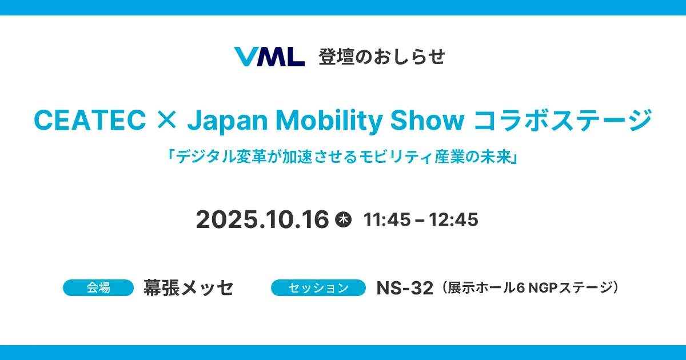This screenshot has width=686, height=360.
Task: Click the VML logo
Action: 269,57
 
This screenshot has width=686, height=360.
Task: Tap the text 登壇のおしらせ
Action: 382,57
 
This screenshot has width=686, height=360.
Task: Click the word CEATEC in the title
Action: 90,119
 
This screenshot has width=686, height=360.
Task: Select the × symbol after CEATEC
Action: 166,120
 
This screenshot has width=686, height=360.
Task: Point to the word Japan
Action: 228,121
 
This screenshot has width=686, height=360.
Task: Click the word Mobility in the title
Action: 329,121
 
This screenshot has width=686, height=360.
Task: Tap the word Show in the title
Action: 427,119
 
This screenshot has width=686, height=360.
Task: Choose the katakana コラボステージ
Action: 563,120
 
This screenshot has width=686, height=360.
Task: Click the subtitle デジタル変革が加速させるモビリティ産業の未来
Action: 343,157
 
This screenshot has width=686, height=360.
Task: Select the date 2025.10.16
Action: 262,219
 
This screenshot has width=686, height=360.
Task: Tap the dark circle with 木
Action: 344,219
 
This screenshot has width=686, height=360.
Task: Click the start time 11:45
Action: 387,219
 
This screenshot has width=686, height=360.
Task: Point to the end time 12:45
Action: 453,219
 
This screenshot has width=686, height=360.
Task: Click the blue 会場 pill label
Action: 98,288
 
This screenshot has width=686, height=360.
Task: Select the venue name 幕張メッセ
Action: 189,288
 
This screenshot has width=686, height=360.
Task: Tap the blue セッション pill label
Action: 318,288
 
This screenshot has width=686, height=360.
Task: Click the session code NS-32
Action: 405,288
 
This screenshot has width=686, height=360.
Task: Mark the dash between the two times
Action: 420,220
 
